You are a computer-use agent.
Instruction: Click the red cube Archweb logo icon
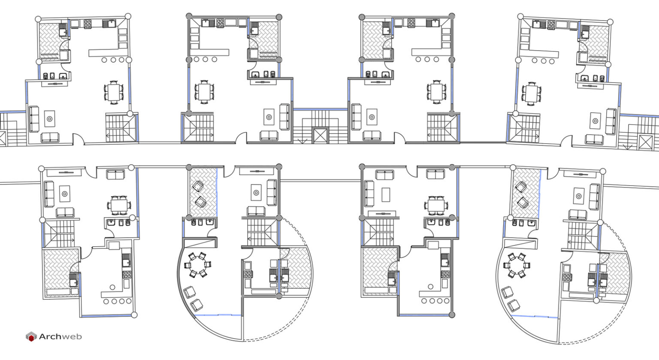pyautogui.click(x=31, y=337)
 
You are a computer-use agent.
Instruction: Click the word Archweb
pyautogui.click(x=60, y=337)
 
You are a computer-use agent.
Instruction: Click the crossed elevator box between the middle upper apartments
pyautogui.click(x=320, y=136)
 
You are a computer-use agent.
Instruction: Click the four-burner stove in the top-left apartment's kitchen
pyautogui.click(x=88, y=23)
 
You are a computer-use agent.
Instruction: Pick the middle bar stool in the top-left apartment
pyautogui.click(x=114, y=60)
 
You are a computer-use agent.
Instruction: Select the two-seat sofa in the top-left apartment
pyautogui.click(x=50, y=137)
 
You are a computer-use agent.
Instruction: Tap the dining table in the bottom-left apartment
pyautogui.click(x=118, y=205)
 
